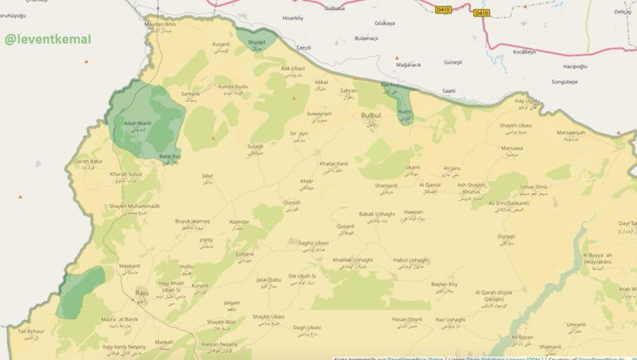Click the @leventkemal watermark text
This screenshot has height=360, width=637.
point(48,39)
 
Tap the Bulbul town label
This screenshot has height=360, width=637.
point(370,116)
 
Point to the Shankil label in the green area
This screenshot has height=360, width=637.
point(256,42)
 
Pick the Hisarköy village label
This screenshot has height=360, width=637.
point(293,17)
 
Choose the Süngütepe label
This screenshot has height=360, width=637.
point(542,81)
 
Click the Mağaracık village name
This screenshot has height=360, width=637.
point(408,64)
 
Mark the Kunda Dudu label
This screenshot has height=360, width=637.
point(232,86)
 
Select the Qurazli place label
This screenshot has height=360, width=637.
point(292,203)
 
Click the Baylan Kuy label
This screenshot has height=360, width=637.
point(444,283)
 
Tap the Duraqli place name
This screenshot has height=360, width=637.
point(506,236)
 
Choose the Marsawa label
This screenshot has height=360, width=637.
point(512,148)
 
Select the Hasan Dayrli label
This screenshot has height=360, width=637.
point(407,319)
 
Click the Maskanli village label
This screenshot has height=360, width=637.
point(130,266)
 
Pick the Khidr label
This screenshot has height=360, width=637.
point(307,181)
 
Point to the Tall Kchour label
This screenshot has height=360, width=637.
point(31,332)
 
